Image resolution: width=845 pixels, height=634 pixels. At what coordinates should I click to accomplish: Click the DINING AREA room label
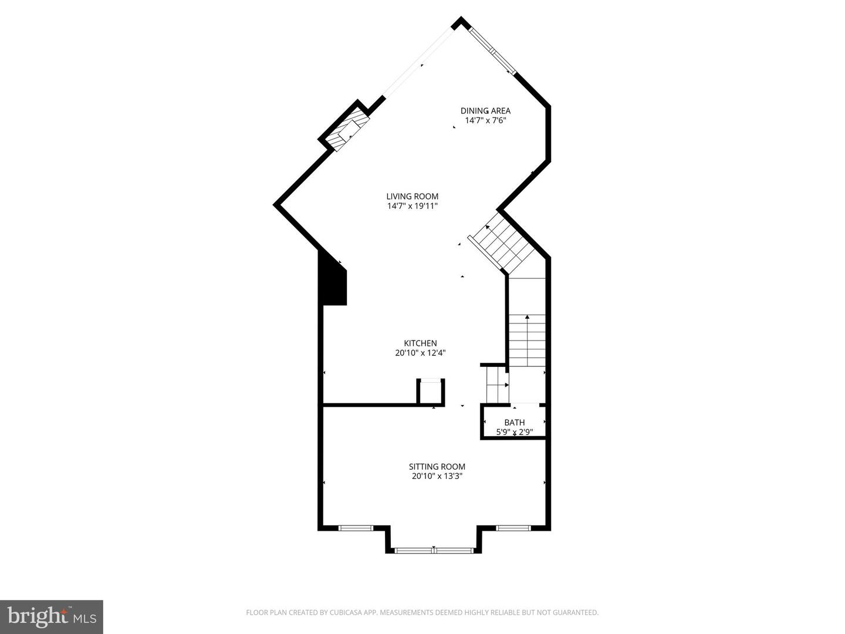(485, 110)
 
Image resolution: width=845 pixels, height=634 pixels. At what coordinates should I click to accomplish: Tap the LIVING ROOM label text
(412, 197)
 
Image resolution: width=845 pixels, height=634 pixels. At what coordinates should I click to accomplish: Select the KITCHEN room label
(420, 343)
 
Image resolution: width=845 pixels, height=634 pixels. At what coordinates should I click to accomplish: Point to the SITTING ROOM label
(437, 467)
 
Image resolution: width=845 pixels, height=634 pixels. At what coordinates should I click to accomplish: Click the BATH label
(515, 423)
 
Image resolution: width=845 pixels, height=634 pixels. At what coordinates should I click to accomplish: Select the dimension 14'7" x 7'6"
(485, 121)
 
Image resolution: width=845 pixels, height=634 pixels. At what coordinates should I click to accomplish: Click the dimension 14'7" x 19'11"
(412, 206)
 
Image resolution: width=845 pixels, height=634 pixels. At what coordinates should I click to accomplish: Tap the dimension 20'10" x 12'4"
(420, 353)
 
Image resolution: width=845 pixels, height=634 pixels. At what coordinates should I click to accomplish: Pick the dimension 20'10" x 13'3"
(437, 476)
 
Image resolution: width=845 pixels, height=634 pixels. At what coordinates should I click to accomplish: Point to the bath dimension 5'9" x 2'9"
(515, 433)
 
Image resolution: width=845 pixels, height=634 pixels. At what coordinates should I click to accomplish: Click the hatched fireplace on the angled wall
(349, 133)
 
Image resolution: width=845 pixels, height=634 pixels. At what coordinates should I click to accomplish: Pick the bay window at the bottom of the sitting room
(434, 550)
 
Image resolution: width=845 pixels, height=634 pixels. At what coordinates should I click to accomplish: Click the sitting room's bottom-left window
(356, 528)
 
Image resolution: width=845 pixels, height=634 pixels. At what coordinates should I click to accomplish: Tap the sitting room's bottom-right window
(513, 528)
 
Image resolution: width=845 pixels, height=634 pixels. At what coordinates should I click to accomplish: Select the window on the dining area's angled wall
(494, 50)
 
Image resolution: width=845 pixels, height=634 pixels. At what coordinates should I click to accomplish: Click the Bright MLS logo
(52, 616)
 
